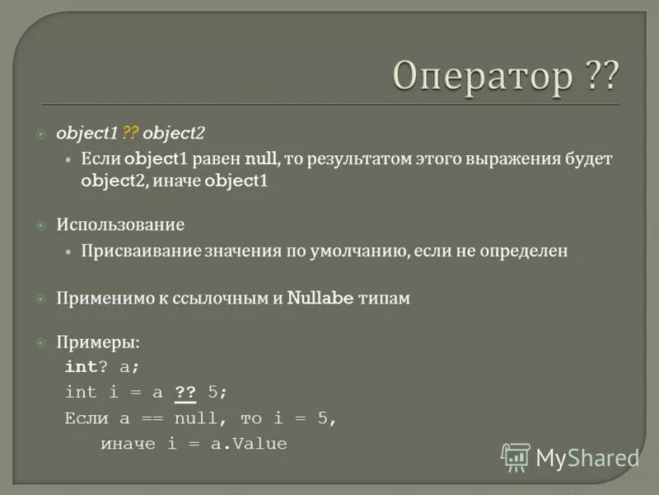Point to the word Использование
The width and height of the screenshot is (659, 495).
tap(120, 224)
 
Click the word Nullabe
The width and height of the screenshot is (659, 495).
tap(320, 299)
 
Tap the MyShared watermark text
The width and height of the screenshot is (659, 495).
tap(587, 458)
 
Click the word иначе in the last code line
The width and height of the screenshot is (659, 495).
tap(128, 444)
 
